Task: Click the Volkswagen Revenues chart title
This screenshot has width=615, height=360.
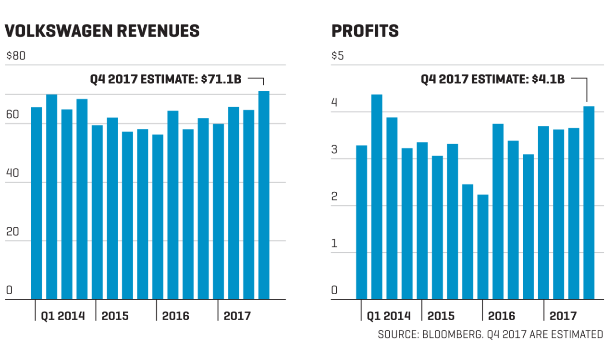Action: click(x=102, y=31)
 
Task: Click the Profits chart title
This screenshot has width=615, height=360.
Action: click(x=365, y=31)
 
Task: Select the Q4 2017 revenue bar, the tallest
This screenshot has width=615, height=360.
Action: click(x=263, y=195)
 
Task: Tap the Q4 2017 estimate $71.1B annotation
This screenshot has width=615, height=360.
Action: click(x=166, y=79)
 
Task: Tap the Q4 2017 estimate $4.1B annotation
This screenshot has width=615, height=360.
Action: click(x=492, y=79)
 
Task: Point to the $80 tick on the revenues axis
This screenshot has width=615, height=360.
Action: click(x=15, y=56)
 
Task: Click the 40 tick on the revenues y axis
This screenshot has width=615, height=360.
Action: click(x=12, y=173)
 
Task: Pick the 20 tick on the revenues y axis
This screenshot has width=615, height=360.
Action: click(x=12, y=232)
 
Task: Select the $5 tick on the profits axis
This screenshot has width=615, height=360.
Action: click(x=338, y=56)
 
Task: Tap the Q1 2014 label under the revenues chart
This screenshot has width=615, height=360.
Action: click(x=62, y=316)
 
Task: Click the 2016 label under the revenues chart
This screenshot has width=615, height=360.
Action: click(x=175, y=316)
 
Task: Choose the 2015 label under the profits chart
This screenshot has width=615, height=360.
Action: click(x=441, y=316)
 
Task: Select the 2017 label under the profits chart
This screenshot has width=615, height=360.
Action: click(x=563, y=316)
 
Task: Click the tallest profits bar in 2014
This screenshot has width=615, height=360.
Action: click(x=377, y=197)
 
